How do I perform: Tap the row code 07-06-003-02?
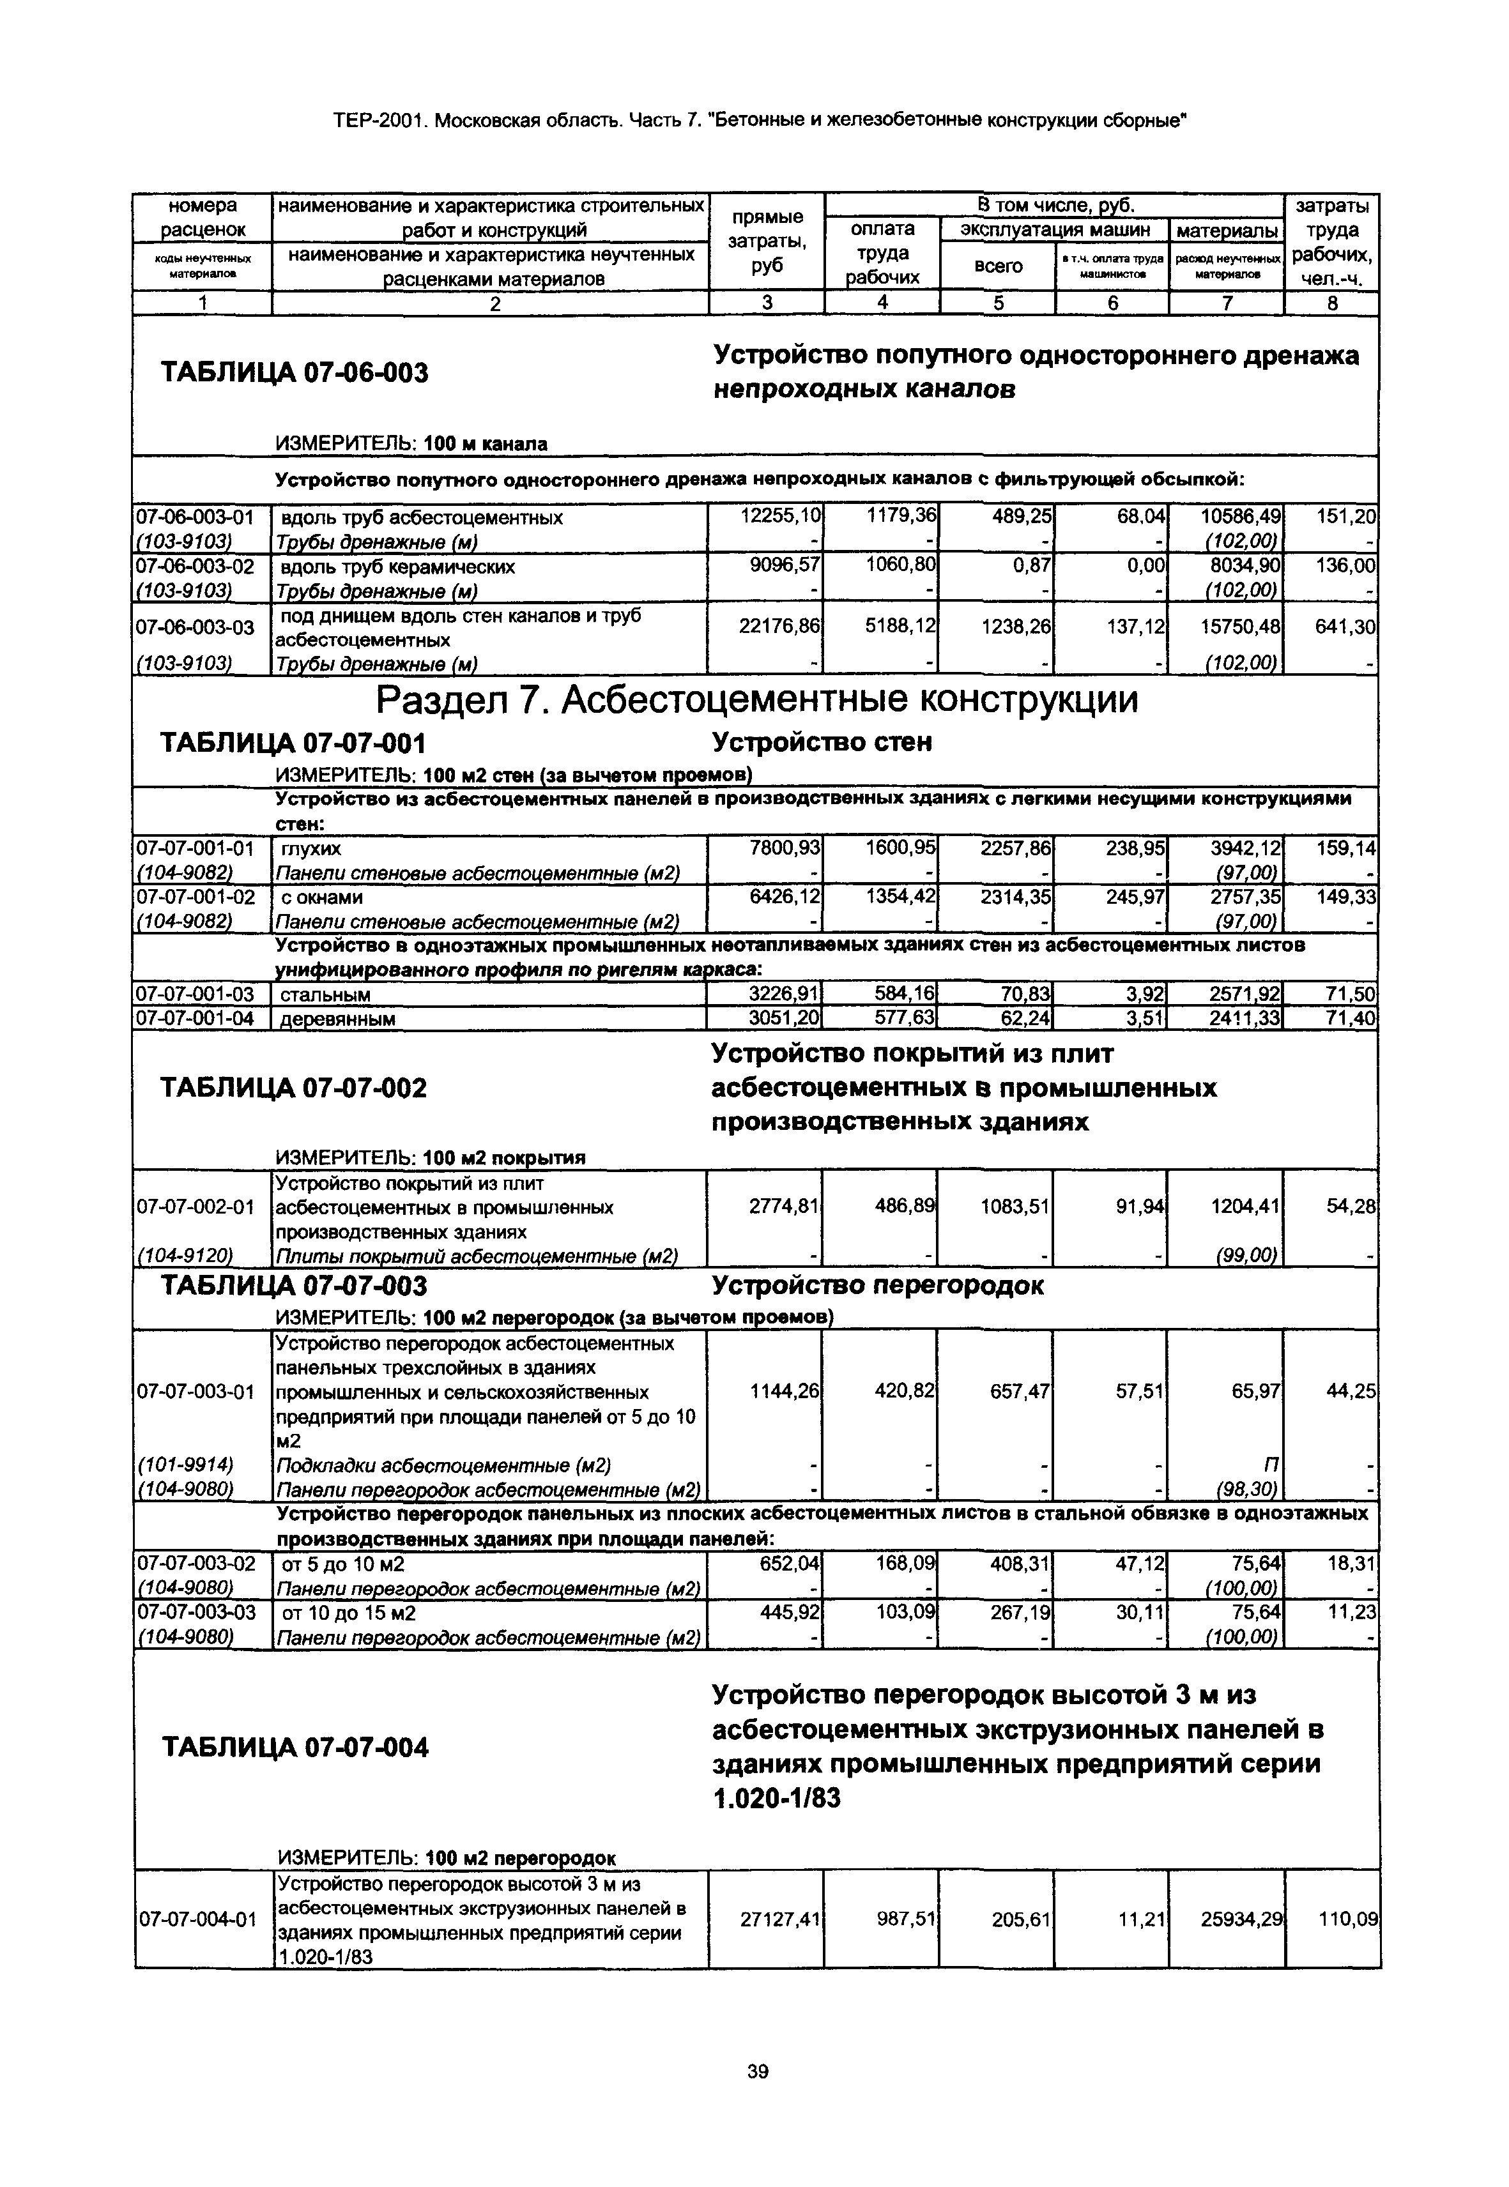[195, 567]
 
